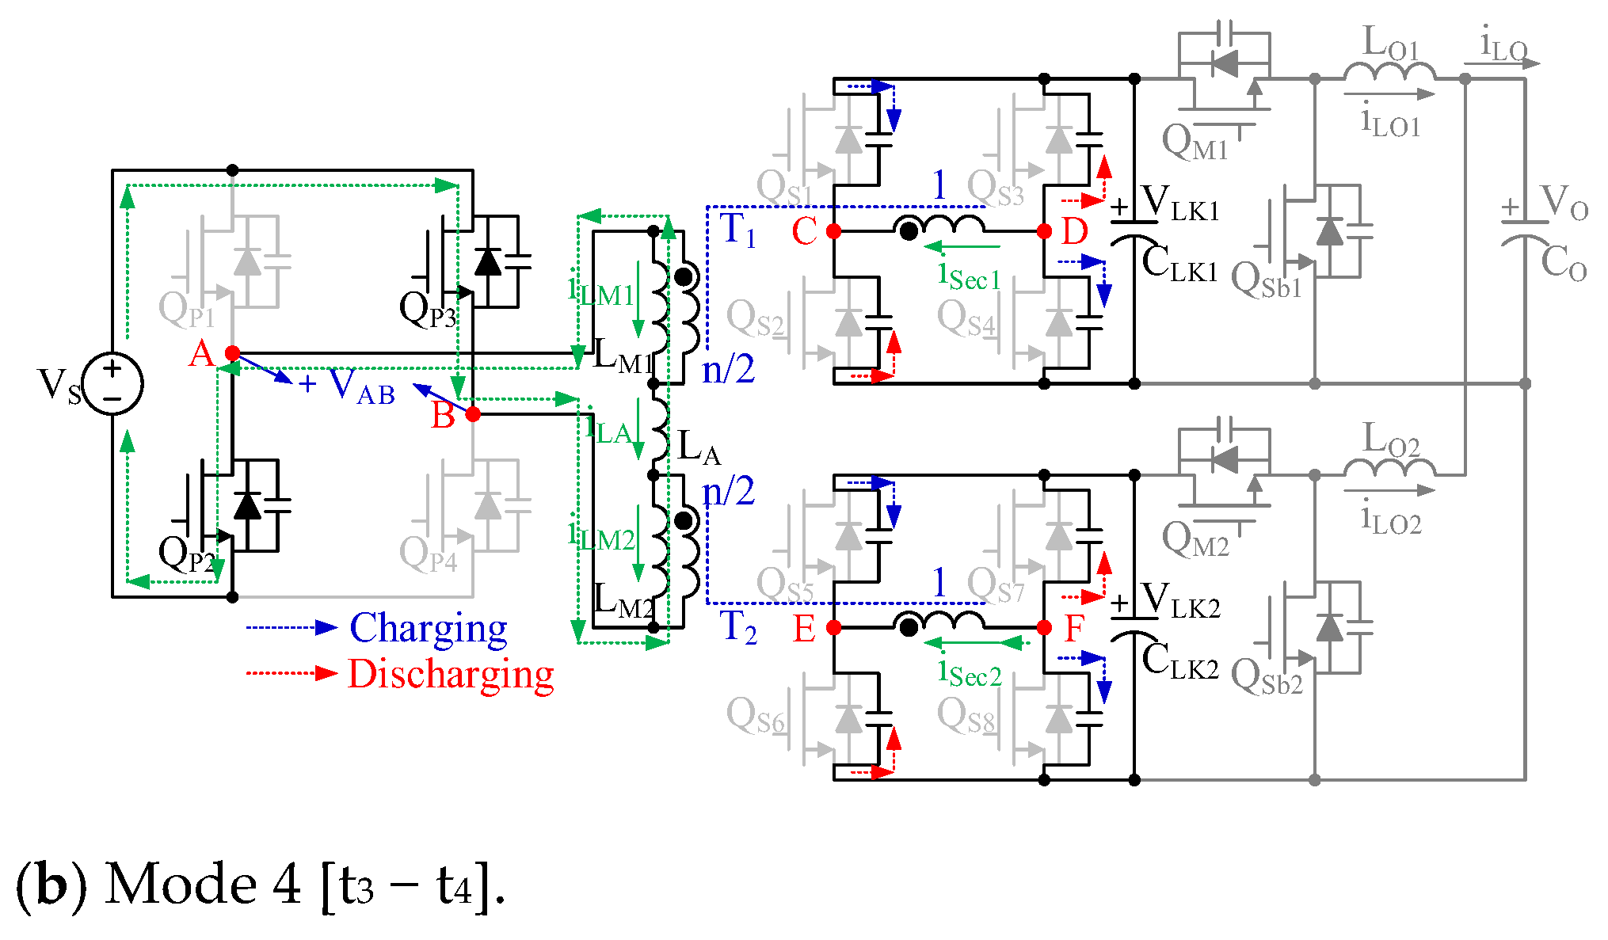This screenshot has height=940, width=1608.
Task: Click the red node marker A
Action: tap(232, 353)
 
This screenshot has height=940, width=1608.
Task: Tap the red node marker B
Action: tap(473, 414)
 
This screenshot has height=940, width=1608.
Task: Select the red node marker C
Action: tap(833, 231)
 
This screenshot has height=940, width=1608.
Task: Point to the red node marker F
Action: tap(1044, 628)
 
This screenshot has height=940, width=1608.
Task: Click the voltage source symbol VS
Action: tap(112, 383)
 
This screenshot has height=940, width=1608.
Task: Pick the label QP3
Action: tap(427, 310)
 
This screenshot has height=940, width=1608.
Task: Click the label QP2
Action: tap(186, 554)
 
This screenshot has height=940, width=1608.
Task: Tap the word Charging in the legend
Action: tap(429, 629)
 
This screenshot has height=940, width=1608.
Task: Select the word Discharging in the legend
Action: tap(451, 675)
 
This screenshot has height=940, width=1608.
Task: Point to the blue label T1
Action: tap(738, 230)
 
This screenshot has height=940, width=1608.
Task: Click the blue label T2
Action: tap(738, 627)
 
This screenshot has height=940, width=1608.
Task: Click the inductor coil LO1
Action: tap(1389, 70)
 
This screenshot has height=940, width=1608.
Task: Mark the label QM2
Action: tap(1195, 539)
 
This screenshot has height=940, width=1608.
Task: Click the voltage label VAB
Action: tap(361, 386)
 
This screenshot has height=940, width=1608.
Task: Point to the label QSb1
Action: tap(1266, 281)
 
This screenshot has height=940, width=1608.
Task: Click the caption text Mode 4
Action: tap(203, 885)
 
